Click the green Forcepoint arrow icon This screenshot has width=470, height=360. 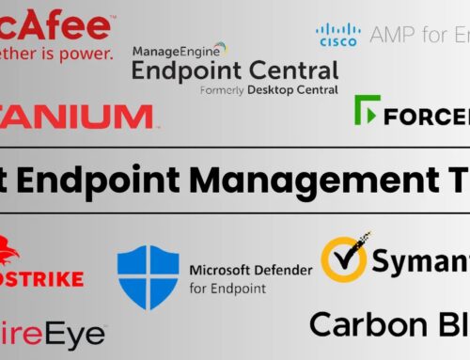click(367, 112)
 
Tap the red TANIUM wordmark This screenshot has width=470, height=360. click(75, 117)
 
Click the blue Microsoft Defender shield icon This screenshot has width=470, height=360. click(148, 277)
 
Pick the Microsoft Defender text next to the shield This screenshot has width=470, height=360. click(250, 271)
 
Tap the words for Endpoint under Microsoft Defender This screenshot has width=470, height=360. click(228, 289)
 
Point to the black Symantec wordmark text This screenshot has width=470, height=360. click(420, 263)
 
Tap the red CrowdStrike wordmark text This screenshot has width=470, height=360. click(42, 279)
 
